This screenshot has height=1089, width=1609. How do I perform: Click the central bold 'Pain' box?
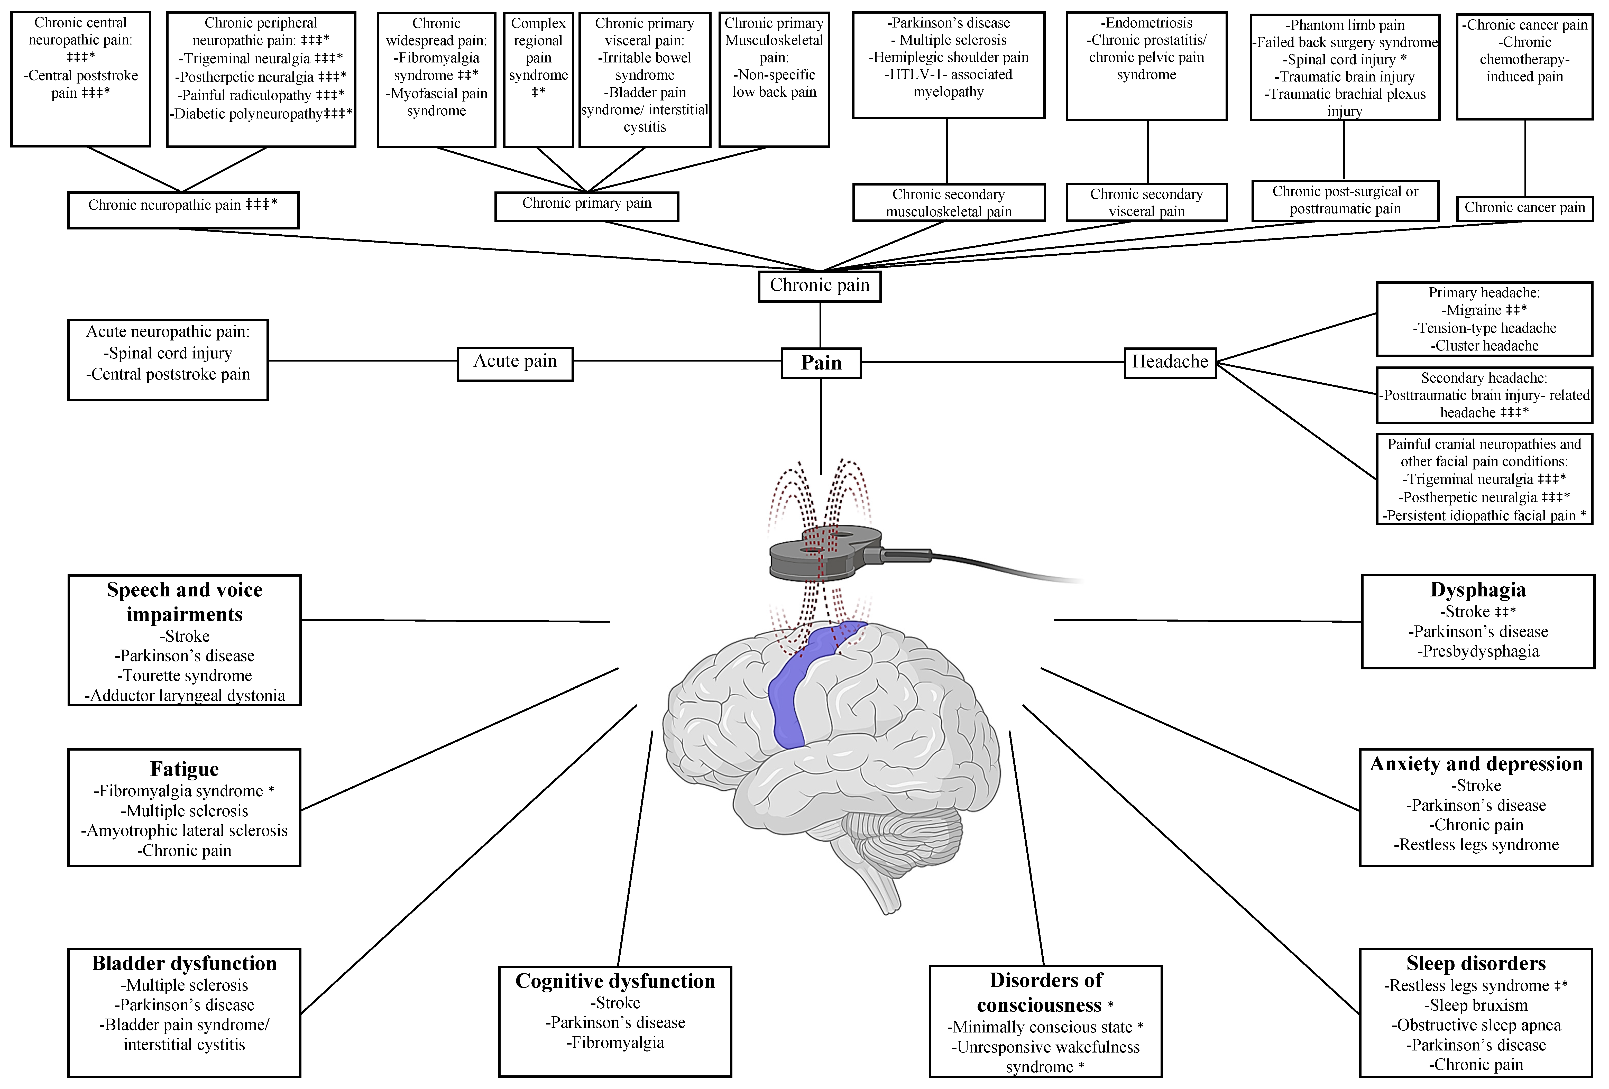pyautogui.click(x=821, y=363)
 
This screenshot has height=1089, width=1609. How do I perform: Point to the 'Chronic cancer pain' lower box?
pyautogui.click(x=1524, y=208)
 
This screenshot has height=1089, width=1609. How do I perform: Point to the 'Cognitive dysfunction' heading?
pyautogui.click(x=615, y=981)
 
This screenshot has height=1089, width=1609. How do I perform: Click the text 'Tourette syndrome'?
pyautogui.click(x=187, y=676)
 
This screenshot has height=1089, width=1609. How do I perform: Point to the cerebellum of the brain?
pyautogui.click(x=900, y=831)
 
